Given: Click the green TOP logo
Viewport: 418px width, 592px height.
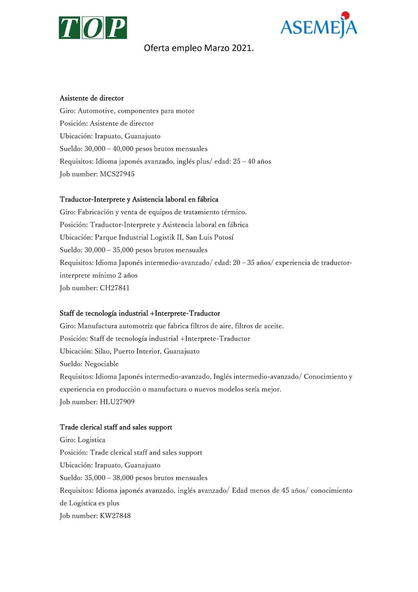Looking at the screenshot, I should pyautogui.click(x=93, y=28).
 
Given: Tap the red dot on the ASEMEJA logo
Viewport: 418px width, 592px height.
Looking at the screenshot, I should pyautogui.click(x=345, y=15).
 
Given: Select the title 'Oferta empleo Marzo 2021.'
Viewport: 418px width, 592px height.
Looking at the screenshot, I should pyautogui.click(x=198, y=48).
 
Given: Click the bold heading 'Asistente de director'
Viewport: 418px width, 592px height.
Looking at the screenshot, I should pyautogui.click(x=92, y=98).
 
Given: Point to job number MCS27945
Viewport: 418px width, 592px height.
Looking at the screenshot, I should pyautogui.click(x=117, y=174).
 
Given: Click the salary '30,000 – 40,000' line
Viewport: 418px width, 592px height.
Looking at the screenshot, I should pyautogui.click(x=133, y=149).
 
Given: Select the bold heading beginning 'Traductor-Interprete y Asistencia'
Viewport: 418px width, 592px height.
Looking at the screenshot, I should pyautogui.click(x=139, y=199).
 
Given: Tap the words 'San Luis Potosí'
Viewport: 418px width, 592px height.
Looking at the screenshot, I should pyautogui.click(x=210, y=237).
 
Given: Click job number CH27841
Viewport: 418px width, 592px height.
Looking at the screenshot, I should pyautogui.click(x=115, y=288).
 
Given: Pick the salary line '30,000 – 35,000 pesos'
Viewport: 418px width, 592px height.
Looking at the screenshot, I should pyautogui.click(x=133, y=250).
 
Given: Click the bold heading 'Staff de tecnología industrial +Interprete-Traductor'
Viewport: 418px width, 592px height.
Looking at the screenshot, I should pyautogui.click(x=140, y=313).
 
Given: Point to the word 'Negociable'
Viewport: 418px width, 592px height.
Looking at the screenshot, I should pyautogui.click(x=102, y=364).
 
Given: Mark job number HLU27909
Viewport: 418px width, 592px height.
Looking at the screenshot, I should pyautogui.click(x=117, y=402).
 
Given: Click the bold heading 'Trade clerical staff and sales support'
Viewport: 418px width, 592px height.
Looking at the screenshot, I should pyautogui.click(x=116, y=427).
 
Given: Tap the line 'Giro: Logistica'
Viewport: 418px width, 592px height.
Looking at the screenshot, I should pyautogui.click(x=82, y=440).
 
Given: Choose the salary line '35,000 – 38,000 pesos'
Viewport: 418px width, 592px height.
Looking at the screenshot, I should pyautogui.click(x=133, y=478).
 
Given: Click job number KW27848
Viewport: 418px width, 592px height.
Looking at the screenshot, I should pyautogui.click(x=115, y=516).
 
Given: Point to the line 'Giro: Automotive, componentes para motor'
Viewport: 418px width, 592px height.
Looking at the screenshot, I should pyautogui.click(x=127, y=111).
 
